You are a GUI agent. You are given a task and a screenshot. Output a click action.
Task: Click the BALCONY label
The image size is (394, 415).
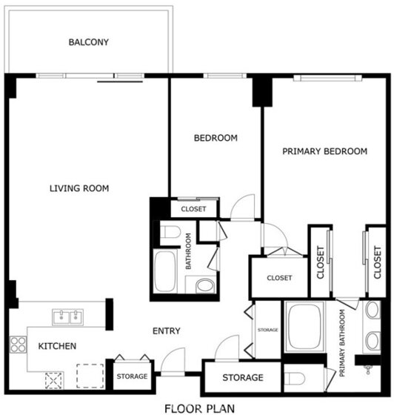pos(89,42)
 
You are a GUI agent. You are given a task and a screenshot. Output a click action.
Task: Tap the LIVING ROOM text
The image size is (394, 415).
pos(79,188)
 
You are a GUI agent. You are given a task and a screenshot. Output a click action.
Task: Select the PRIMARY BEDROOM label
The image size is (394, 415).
pos(324,151)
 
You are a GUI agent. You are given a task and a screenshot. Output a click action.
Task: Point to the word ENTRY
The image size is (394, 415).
pos(167,331)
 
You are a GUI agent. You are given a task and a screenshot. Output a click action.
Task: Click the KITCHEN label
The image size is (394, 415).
pos(57,346)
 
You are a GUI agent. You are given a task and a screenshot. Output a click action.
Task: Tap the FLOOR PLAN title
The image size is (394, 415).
pos(200,408)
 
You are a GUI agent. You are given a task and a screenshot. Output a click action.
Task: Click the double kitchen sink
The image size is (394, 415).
pos(68,317)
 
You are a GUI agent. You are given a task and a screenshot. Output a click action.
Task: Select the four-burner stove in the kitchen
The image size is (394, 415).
pos(19,345)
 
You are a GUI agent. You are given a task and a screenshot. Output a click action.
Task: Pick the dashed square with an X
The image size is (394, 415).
pos(54,381)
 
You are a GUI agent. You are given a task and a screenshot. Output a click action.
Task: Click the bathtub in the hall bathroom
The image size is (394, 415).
pos(165,271)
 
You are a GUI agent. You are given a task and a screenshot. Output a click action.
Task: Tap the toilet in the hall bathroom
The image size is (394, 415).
pos(170,232)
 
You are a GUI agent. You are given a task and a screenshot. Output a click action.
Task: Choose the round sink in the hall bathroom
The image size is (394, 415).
pos(205,286)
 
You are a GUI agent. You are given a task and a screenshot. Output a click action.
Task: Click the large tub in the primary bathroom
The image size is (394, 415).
pos(304,327)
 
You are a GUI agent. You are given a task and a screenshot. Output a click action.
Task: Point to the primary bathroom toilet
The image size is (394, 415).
pos(295,379)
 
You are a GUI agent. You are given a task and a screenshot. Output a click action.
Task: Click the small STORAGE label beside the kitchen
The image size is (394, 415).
pos(133,376)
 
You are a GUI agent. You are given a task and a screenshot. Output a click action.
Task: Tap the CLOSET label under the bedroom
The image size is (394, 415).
pos(193,209)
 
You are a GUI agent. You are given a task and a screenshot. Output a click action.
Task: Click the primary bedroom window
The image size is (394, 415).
pos(327,78)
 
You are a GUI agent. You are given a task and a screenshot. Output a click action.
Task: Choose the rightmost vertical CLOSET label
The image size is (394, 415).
pos(378,262)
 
